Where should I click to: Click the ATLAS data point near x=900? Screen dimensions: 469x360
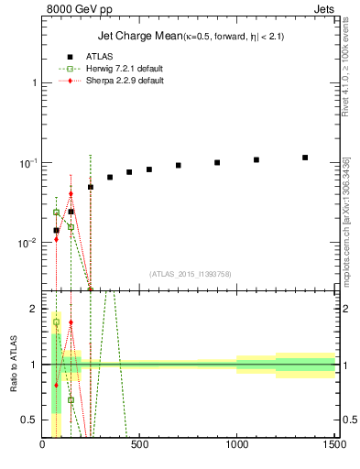(217, 162)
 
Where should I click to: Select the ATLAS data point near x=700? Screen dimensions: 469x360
(179, 166)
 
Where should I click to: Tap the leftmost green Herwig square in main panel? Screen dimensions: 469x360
(56, 213)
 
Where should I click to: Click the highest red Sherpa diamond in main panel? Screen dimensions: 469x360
(71, 193)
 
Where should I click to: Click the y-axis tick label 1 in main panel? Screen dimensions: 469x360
(34, 82)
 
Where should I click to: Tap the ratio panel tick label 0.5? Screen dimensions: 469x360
(30, 420)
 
